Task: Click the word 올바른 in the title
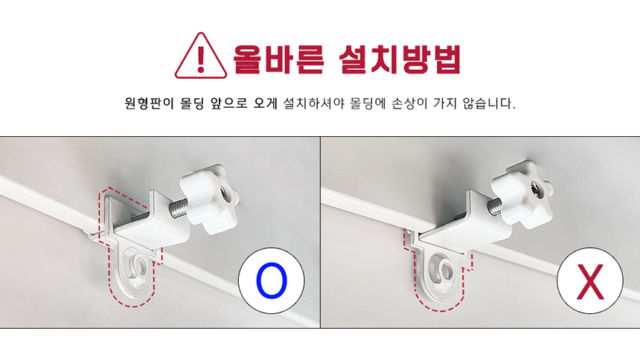point(278,60)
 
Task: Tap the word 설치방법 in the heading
point(400,60)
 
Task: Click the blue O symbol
point(272,280)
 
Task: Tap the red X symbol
point(590,281)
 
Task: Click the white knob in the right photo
point(522,194)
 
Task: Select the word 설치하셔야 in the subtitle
point(314,103)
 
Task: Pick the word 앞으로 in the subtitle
point(229,103)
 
